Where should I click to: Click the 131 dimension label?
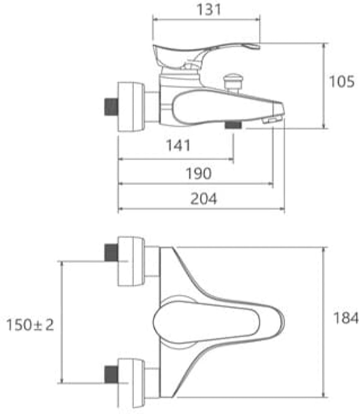[x=209, y=10]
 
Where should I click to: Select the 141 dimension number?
[x=178, y=145]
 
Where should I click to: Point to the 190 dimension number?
[x=198, y=173]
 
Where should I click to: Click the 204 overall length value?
[x=203, y=199]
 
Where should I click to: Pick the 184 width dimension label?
[x=346, y=318]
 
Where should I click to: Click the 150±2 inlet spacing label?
[x=30, y=325]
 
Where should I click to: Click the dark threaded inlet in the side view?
[x=111, y=106]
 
